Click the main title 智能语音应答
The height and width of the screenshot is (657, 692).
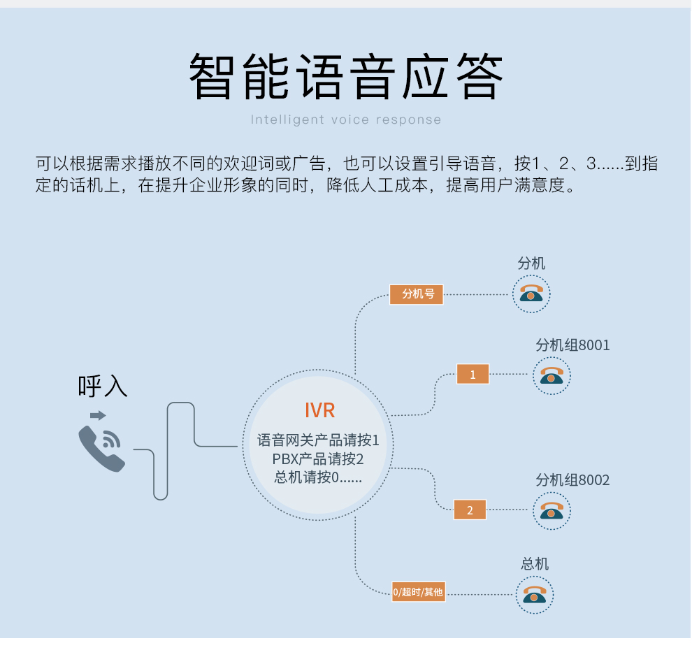346,77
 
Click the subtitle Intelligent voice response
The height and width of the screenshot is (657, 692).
346,120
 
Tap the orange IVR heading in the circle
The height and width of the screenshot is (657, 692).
319,410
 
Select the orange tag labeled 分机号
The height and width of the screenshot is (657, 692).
417,294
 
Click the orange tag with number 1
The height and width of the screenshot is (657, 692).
473,375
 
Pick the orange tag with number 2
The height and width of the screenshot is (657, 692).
470,510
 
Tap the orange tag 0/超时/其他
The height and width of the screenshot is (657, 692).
418,592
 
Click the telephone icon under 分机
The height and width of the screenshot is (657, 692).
531,293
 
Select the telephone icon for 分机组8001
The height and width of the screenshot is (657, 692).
552,375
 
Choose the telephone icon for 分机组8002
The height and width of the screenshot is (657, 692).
552,510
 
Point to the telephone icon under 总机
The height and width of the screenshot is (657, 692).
535,595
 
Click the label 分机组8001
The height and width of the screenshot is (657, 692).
572,345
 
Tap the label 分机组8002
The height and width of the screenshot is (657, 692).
572,480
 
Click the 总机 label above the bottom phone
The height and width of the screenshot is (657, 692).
535,564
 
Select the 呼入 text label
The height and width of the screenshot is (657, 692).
103,386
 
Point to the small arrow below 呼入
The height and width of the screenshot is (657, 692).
98,415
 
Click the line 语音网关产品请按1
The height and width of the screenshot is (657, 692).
318,440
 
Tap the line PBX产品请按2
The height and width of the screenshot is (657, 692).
318,459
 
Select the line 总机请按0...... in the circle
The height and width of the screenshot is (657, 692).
318,477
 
